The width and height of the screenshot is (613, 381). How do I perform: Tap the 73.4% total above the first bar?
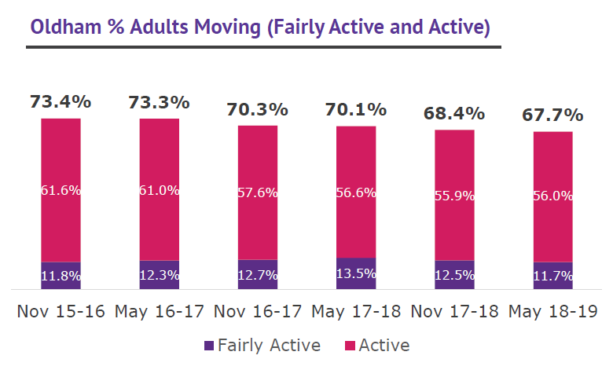tap(61, 101)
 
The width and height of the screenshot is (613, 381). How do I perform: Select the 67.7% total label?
tap(552, 115)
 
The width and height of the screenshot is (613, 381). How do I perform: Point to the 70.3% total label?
tap(258, 108)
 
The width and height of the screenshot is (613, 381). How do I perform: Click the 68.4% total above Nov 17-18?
tap(454, 113)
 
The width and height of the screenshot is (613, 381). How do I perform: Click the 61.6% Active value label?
tap(61, 190)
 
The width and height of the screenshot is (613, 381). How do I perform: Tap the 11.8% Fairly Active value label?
tap(61, 276)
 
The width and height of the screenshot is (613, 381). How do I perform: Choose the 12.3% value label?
tap(159, 276)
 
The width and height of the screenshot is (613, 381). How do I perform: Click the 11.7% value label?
tap(552, 276)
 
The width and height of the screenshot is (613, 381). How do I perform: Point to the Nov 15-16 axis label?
tap(61, 312)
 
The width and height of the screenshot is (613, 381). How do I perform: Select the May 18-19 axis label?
tap(552, 312)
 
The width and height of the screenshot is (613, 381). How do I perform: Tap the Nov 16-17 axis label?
tap(258, 312)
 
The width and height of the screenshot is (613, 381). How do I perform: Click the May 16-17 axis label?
tap(160, 312)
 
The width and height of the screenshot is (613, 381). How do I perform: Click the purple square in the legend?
tap(208, 346)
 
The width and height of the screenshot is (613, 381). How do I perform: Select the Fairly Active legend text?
tap(269, 346)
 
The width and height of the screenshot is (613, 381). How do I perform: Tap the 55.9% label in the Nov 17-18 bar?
tap(454, 196)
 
